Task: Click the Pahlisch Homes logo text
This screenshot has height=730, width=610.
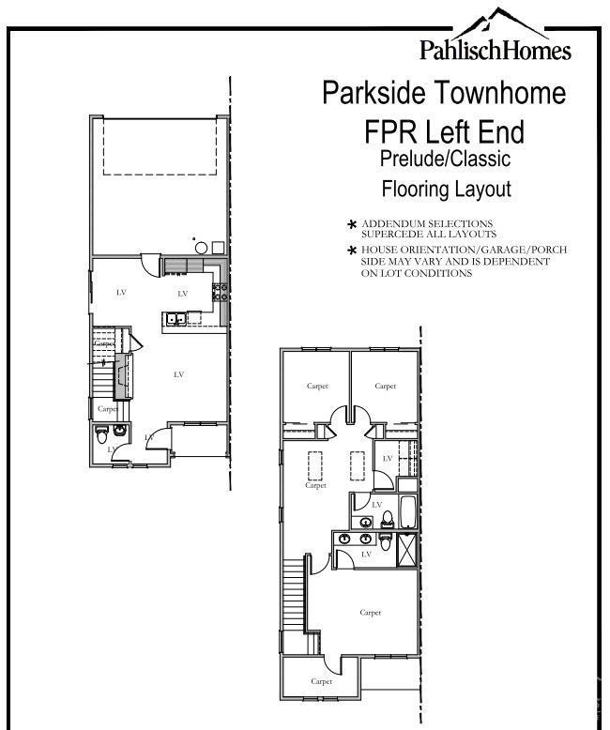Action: click(495, 49)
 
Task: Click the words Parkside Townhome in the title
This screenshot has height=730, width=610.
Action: click(444, 94)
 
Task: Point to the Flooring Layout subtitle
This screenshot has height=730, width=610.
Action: click(446, 189)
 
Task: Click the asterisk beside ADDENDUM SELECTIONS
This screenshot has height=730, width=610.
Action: click(352, 224)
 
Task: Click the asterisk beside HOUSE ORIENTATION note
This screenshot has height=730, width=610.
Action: click(352, 251)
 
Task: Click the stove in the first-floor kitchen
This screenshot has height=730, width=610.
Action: click(221, 293)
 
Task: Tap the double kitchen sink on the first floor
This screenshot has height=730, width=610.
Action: click(175, 320)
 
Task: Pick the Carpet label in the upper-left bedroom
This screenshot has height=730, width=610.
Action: click(317, 386)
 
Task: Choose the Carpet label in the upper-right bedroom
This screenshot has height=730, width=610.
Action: click(385, 386)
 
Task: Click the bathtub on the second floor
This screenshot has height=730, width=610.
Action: click(408, 512)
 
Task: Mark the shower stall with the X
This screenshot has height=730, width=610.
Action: click(408, 549)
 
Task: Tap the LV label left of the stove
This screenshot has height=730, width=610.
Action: click(183, 294)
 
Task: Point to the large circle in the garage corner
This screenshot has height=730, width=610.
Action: click(201, 249)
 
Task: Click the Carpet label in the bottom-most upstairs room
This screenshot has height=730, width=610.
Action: click(321, 681)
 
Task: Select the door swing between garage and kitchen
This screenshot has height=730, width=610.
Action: click(151, 264)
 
